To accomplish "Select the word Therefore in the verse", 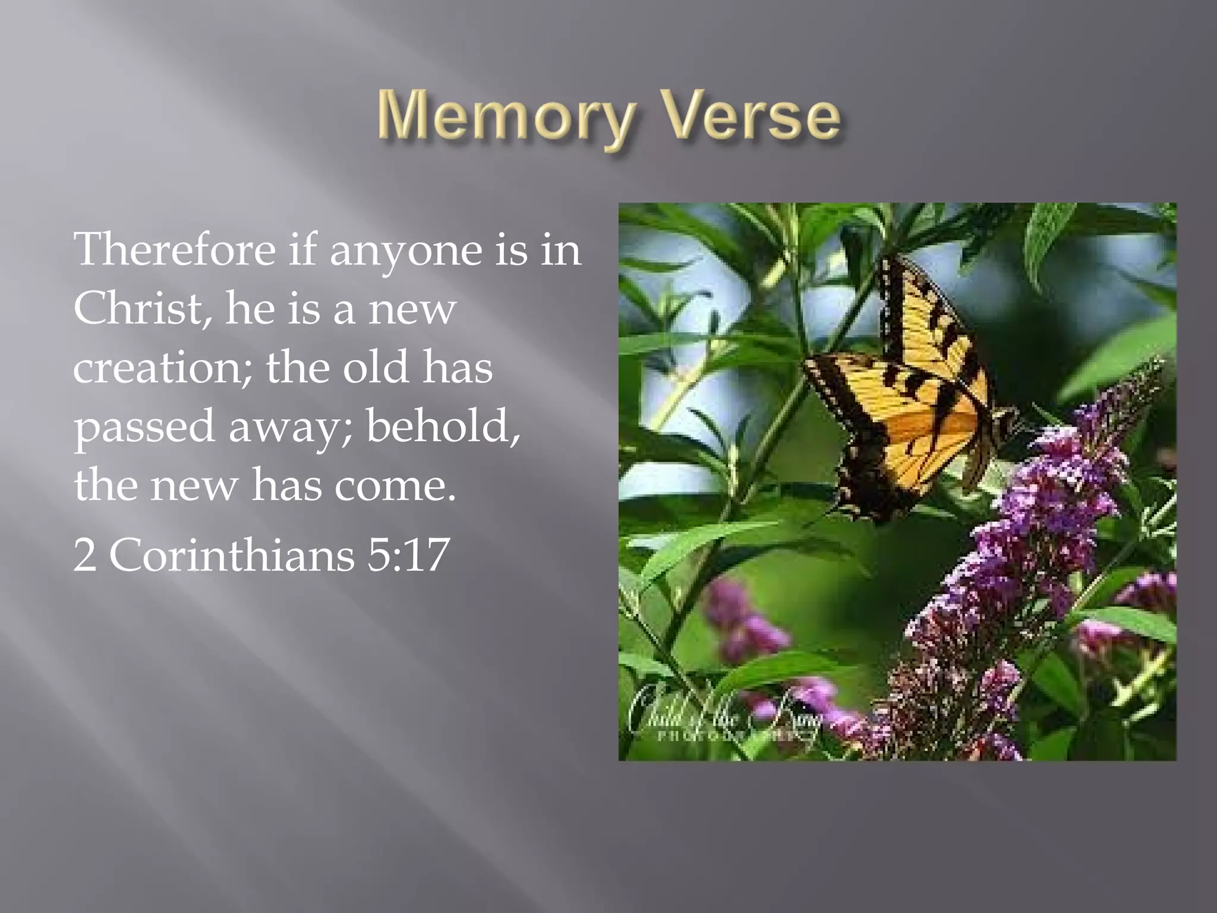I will coord(174,249).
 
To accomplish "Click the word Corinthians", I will coord(231,555).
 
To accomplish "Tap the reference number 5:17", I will coord(407,555).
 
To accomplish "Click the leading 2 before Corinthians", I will coord(84,555).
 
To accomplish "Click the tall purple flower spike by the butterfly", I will coord(1034,535).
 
